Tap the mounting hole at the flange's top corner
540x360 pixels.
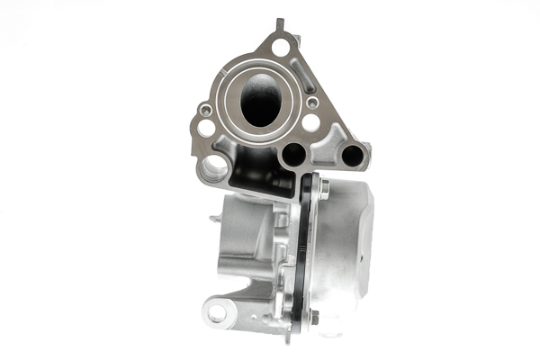point(281,47)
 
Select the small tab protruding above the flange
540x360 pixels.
point(280,22)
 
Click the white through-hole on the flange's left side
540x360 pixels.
point(206,127)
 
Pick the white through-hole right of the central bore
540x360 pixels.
point(310,122)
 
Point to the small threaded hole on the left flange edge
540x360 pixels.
point(206,109)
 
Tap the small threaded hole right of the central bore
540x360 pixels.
point(310,103)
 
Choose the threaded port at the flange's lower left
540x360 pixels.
point(215,166)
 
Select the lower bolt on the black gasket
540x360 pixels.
point(312,317)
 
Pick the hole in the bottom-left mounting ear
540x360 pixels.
point(217,312)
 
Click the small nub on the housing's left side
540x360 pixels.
point(213,218)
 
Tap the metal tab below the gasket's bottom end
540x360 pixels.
point(290,334)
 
